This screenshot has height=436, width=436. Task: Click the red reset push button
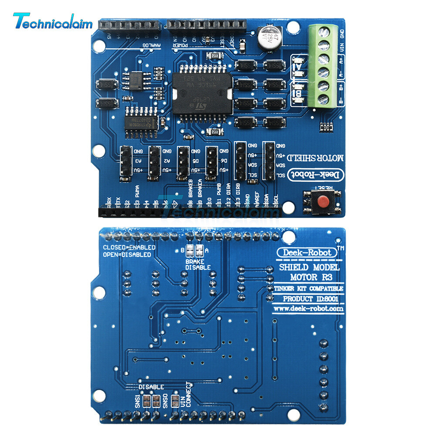click(323, 201)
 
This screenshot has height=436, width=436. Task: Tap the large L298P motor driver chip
click(200, 92)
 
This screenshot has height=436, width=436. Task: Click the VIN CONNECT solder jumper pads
click(175, 400)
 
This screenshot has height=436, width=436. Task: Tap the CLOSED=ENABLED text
click(129, 247)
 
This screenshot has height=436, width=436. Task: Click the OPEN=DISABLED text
click(127, 255)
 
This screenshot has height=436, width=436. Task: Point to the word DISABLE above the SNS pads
click(151, 387)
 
